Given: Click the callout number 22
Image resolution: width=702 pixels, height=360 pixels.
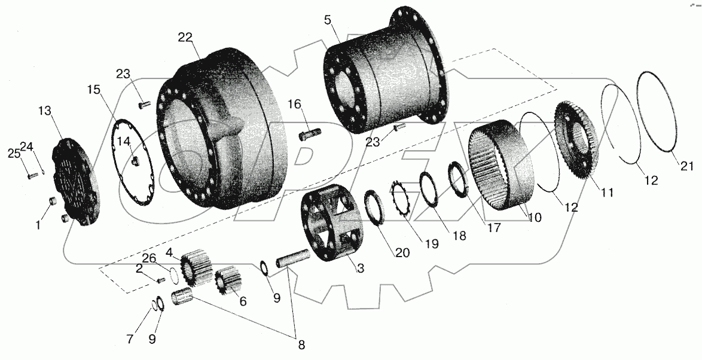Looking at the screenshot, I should (185, 37).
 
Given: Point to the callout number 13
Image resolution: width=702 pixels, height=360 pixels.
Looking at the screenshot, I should (46, 111).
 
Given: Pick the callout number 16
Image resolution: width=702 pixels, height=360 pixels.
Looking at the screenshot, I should (294, 105).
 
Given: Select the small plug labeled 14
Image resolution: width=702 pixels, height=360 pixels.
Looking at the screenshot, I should (135, 160).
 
